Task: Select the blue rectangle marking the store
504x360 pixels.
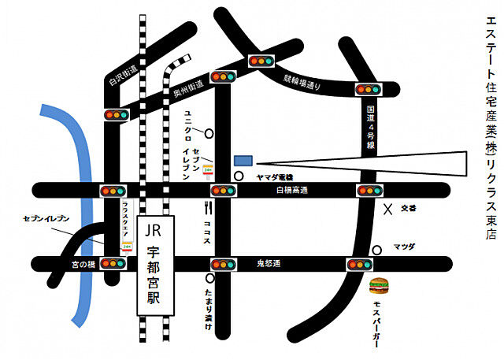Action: point(243,160)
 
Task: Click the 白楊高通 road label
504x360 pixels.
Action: point(291,191)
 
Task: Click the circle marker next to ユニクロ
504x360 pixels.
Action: point(209,132)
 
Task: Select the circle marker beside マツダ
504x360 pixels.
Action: point(377,250)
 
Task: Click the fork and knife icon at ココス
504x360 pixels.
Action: point(209,209)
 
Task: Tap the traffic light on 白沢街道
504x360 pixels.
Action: point(117,114)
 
